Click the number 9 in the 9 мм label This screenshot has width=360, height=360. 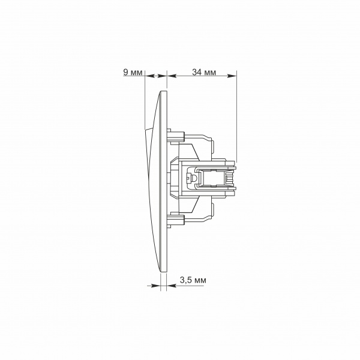pyautogui.click(x=126, y=72)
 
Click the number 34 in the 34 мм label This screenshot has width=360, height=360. pyautogui.click(x=197, y=72)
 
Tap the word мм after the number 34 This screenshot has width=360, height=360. pyautogui.click(x=210, y=73)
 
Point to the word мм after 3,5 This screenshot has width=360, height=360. pyautogui.click(x=200, y=281)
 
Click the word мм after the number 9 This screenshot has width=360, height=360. pyautogui.click(x=136, y=73)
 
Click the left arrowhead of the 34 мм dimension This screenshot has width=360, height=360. pyautogui.click(x=172, y=76)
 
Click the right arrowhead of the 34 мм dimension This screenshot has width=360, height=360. pyautogui.click(x=232, y=76)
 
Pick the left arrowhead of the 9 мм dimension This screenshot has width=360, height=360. pyautogui.click(x=149, y=76)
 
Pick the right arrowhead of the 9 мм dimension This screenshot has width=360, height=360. pyautogui.click(x=162, y=76)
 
